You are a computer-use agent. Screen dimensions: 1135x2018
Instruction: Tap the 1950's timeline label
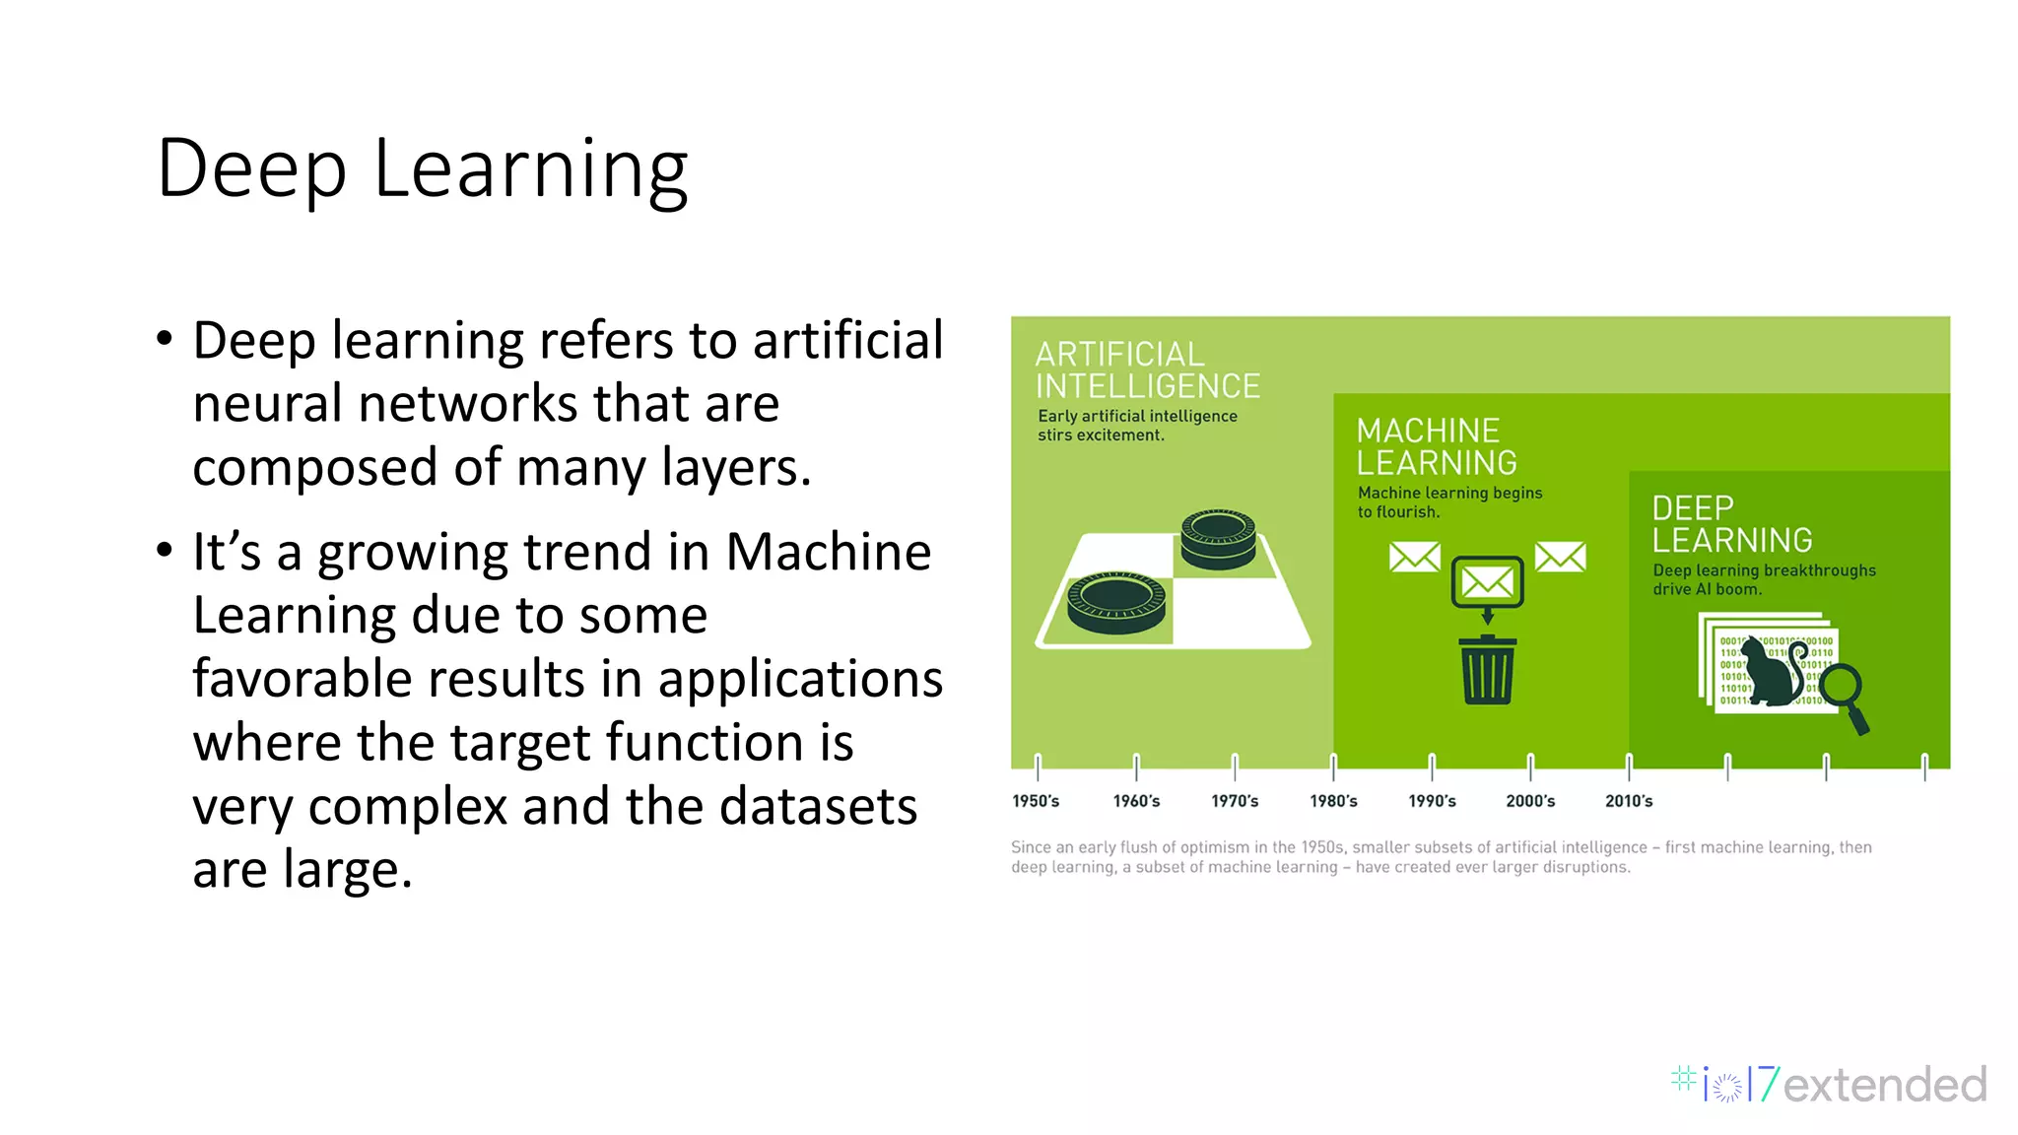point(1036,801)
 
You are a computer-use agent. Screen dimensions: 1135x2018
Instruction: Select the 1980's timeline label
point(1333,801)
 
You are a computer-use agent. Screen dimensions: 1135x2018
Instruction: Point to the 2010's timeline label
point(1629,801)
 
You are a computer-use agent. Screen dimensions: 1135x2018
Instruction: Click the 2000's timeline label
point(1530,801)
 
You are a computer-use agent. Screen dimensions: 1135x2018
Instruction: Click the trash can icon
point(1488,670)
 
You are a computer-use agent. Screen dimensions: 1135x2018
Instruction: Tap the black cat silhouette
point(1769,672)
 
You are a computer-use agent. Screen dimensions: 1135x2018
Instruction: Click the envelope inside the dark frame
point(1487,582)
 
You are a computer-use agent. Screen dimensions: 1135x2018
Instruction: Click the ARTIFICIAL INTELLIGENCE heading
point(1147,369)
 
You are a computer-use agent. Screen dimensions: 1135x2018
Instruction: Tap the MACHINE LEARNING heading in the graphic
point(1436,446)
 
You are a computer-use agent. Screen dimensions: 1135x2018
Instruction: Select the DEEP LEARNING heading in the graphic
point(1731,524)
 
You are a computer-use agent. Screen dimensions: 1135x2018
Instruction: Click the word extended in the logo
point(1884,1085)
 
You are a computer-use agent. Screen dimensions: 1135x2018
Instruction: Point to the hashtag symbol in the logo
point(1683,1079)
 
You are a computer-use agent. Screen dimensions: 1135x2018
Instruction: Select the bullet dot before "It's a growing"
point(165,549)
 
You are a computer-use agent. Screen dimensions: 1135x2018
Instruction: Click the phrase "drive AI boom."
point(1707,589)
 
